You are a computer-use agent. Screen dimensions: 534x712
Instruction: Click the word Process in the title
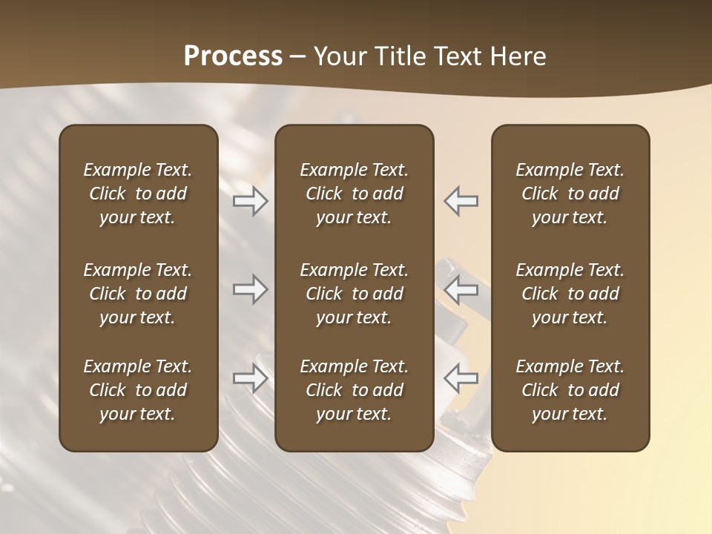(x=233, y=56)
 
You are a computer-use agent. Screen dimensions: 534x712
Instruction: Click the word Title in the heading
(x=397, y=56)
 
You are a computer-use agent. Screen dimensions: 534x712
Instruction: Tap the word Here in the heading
(x=519, y=56)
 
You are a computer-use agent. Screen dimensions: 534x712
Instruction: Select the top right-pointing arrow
(x=251, y=201)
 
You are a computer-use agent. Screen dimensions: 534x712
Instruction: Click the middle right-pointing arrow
(x=251, y=289)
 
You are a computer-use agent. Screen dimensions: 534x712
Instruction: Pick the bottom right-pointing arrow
(x=251, y=378)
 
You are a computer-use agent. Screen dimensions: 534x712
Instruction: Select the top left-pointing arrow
(x=461, y=201)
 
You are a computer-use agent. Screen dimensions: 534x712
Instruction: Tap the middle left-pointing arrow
(x=461, y=289)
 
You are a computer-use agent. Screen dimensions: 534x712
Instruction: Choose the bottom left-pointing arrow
(x=461, y=378)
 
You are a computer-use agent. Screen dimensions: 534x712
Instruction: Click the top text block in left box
(x=138, y=194)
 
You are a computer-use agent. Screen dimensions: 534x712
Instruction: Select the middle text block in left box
(x=138, y=294)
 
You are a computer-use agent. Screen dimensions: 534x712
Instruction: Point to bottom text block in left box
(x=138, y=390)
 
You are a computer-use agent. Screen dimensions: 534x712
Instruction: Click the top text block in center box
(x=354, y=194)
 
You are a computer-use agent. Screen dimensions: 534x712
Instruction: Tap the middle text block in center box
(x=354, y=294)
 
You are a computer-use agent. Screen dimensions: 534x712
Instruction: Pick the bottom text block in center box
(x=354, y=390)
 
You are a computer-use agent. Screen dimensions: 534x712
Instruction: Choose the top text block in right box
(x=570, y=194)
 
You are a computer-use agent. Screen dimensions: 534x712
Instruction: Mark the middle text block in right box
(x=570, y=294)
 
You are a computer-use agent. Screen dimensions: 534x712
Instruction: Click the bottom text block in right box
(x=570, y=390)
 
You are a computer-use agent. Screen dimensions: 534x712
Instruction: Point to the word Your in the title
(x=337, y=56)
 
